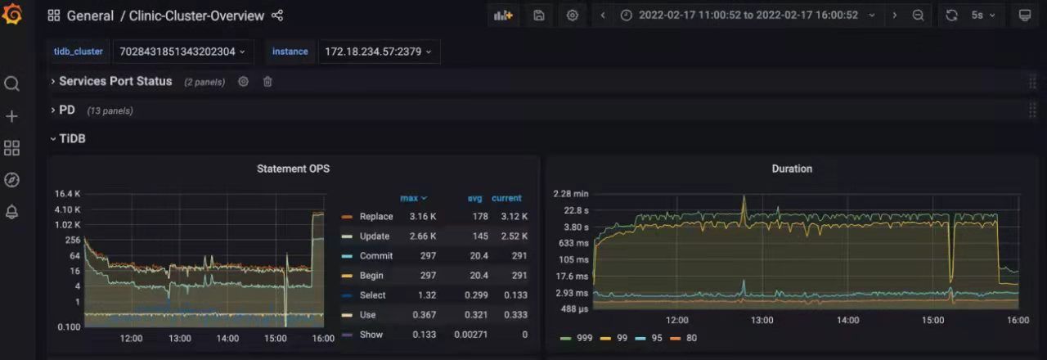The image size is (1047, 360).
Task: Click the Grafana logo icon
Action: [x=12, y=13]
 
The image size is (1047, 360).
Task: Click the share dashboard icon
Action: [x=277, y=16]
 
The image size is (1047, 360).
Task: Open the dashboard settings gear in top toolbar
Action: [x=572, y=16]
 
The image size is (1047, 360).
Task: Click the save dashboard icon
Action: [x=538, y=16]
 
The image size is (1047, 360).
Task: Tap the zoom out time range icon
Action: [x=918, y=16]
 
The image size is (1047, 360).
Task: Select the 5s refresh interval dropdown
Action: [x=983, y=16]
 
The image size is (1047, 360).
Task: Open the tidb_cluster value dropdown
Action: [x=182, y=52]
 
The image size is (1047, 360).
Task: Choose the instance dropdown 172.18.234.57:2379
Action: [x=378, y=52]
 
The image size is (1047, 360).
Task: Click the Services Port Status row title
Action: [x=115, y=81]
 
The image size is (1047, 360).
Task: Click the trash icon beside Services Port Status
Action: [x=267, y=82]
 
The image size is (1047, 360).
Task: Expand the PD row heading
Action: [x=67, y=110]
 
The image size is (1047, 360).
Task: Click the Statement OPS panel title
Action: [x=293, y=169]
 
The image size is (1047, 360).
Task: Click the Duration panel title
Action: [x=792, y=169]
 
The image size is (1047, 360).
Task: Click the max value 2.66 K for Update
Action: [x=423, y=236]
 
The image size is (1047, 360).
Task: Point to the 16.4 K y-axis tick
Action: [x=67, y=194]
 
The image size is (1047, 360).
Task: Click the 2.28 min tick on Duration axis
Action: [x=571, y=194]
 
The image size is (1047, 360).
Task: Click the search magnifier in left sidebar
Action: [x=11, y=84]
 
